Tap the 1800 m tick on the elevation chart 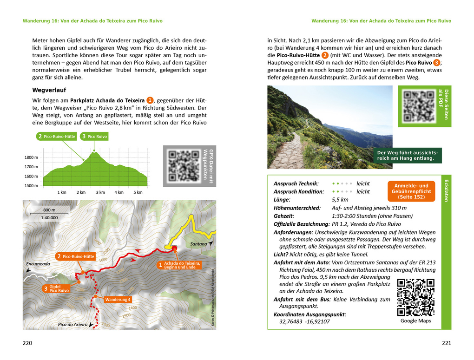pyautogui.click(x=32, y=157)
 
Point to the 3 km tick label pyautogui.click(x=100, y=192)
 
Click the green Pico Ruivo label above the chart pyautogui.click(x=94, y=137)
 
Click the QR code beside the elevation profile pyautogui.click(x=183, y=166)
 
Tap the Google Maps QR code pyautogui.click(x=415, y=297)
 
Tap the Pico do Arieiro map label pyautogui.click(x=73, y=324)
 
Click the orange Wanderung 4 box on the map pyautogui.click(x=118, y=300)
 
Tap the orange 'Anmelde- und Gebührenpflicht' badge pyautogui.click(x=411, y=191)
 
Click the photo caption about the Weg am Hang pyautogui.click(x=407, y=156)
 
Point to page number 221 pyautogui.click(x=446, y=343)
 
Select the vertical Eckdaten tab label pyautogui.click(x=446, y=190)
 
